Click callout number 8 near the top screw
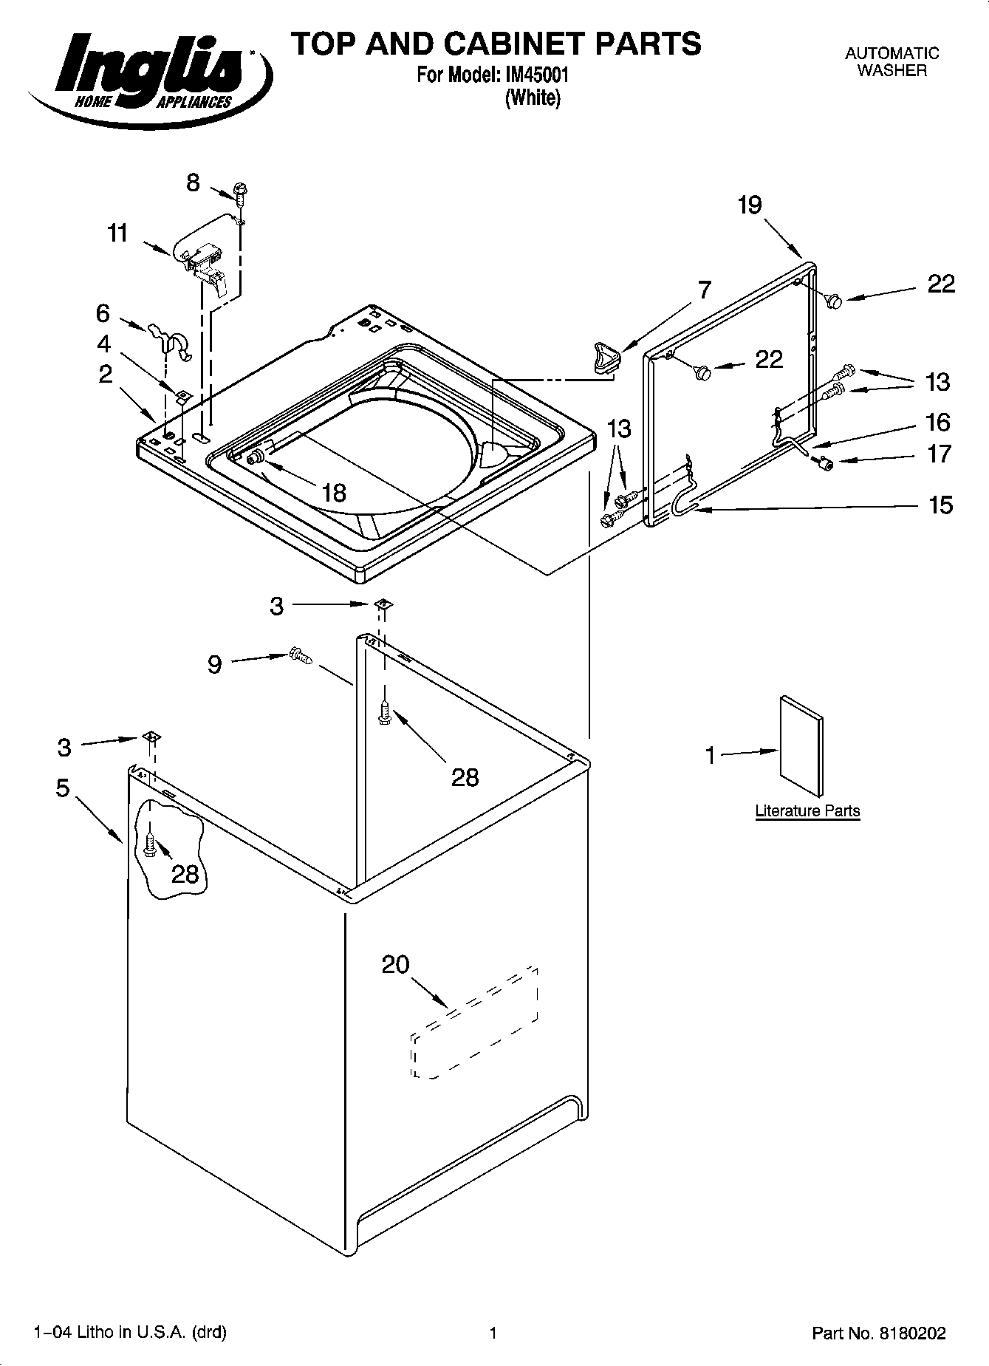point(193,182)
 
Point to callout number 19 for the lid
point(750,205)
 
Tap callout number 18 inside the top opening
point(334,492)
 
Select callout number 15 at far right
point(940,505)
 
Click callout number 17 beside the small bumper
point(940,454)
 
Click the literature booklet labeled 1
point(801,747)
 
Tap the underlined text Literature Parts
point(807,811)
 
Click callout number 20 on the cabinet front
point(396,964)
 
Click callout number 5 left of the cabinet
point(63,788)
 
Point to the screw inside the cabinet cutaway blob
point(150,845)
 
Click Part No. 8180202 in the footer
point(878,1333)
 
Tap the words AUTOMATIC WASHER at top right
point(892,62)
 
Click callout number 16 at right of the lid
point(938,423)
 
